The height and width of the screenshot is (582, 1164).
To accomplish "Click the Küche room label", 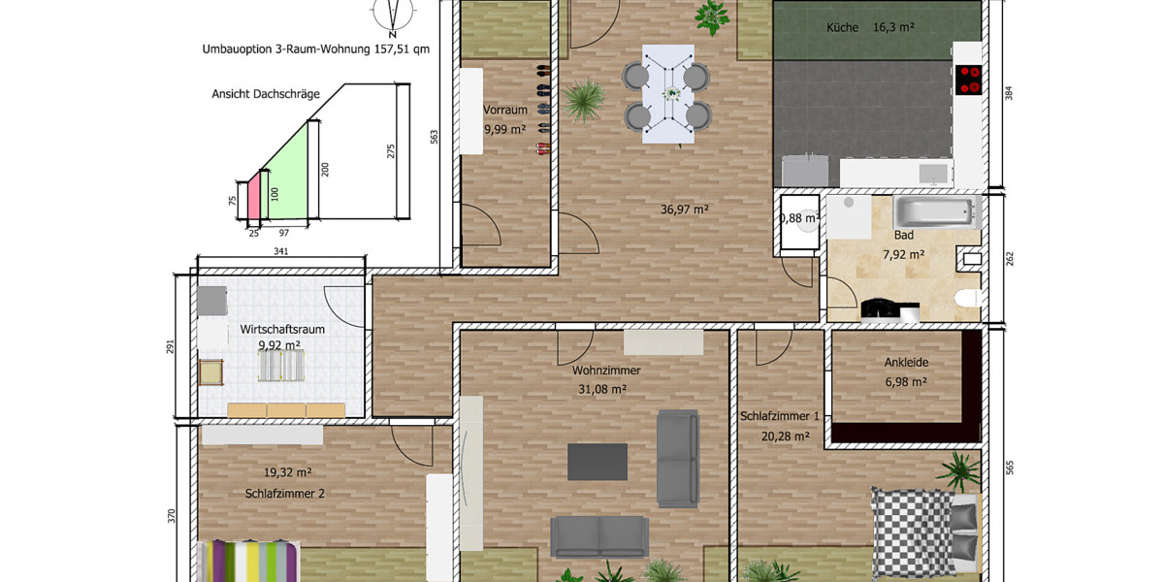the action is (x=842, y=27).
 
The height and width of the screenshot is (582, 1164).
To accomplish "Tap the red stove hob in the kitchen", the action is (x=969, y=80).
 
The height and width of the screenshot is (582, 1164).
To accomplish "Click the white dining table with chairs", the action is (x=667, y=94).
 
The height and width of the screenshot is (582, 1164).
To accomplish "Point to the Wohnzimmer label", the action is (x=606, y=371).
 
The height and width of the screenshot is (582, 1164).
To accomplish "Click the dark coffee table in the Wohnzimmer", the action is (x=598, y=462).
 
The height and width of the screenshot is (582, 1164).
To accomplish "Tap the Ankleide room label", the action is (x=906, y=362).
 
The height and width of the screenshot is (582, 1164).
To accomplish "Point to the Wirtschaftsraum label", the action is (x=282, y=330).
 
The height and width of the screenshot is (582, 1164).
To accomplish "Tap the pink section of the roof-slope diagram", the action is (x=254, y=196).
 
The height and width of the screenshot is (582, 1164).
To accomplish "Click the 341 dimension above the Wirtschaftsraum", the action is (x=280, y=251).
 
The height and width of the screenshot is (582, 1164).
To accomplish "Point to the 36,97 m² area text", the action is (x=685, y=210).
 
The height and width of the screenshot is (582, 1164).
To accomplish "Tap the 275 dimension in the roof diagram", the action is (x=391, y=151).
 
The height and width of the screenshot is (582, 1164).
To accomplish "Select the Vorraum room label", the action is (x=505, y=110).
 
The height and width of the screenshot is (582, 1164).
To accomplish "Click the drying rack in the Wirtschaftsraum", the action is (x=281, y=366).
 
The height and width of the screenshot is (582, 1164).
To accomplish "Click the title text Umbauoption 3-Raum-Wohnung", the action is (x=286, y=49).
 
